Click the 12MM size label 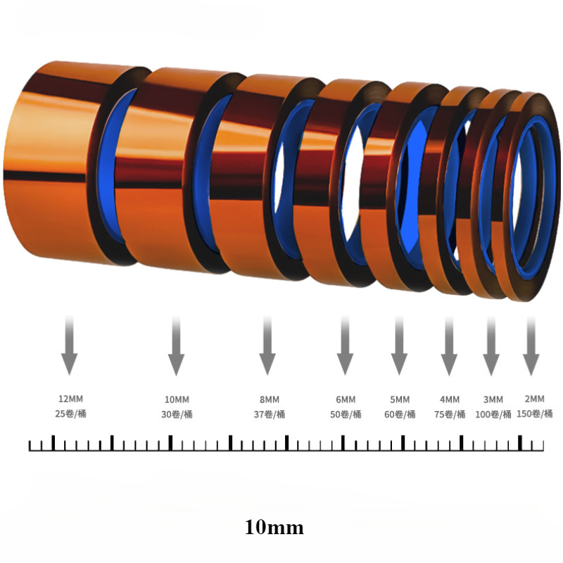[x=71, y=398]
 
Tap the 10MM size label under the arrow [x=177, y=399]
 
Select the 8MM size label [x=270, y=399]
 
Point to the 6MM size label [x=346, y=399]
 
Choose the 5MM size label [x=400, y=399]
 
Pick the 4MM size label [x=450, y=399]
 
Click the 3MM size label [x=493, y=399]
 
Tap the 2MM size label [x=534, y=398]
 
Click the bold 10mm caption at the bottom [x=274, y=527]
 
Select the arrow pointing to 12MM [x=69, y=346]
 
